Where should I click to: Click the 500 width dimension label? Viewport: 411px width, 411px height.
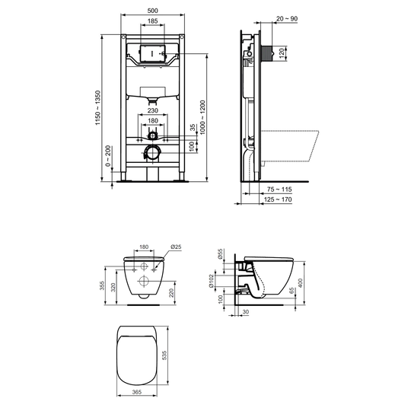(152, 11)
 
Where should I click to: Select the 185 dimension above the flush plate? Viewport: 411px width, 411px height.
(152, 21)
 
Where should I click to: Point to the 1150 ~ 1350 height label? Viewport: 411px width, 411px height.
(97, 107)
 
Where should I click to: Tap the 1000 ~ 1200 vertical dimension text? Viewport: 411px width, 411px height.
(203, 117)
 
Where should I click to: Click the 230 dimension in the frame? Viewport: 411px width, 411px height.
(152, 110)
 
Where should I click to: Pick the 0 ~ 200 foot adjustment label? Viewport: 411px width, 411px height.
(108, 156)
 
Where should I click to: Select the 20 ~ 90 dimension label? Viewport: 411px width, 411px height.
(287, 18)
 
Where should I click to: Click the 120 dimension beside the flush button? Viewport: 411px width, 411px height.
(282, 53)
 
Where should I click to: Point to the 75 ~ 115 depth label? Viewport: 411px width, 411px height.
(279, 190)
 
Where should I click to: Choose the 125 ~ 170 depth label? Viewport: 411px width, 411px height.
(278, 199)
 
